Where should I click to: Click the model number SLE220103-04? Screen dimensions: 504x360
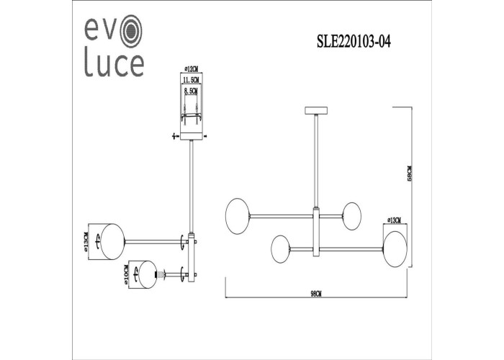point(354,42)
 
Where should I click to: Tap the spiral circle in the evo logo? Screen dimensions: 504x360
point(131,31)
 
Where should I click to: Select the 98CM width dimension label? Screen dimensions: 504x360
point(316,294)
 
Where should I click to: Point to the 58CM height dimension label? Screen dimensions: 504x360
point(410,174)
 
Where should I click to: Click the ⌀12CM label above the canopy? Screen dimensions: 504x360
point(192,69)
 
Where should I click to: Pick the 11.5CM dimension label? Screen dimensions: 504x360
point(191,80)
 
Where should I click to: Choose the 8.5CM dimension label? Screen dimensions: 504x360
point(191,91)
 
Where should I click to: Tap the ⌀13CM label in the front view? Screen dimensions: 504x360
point(395,220)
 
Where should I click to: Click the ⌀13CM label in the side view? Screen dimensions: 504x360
point(86,241)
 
